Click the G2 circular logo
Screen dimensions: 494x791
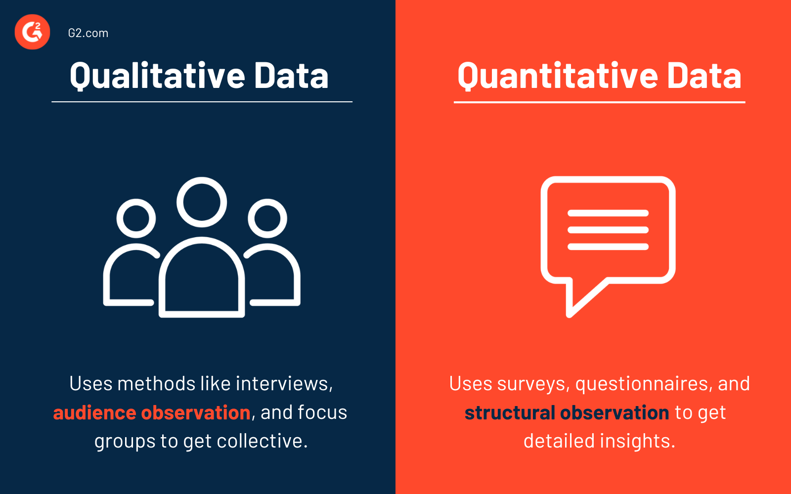pos(33,32)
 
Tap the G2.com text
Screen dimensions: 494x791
pos(88,33)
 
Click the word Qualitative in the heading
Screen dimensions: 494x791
pos(157,76)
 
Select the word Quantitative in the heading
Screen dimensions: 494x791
pos(557,76)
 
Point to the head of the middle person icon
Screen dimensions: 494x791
pos(202,202)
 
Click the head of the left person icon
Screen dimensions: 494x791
pos(136,218)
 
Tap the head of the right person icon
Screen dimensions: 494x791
pos(267,218)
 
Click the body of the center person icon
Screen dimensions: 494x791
pos(202,282)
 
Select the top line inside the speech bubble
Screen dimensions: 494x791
pos(608,213)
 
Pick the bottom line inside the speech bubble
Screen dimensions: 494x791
pos(608,247)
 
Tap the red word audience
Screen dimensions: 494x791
pos(94,412)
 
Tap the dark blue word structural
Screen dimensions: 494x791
pos(510,412)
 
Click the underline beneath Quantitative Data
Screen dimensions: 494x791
pos(599,102)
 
